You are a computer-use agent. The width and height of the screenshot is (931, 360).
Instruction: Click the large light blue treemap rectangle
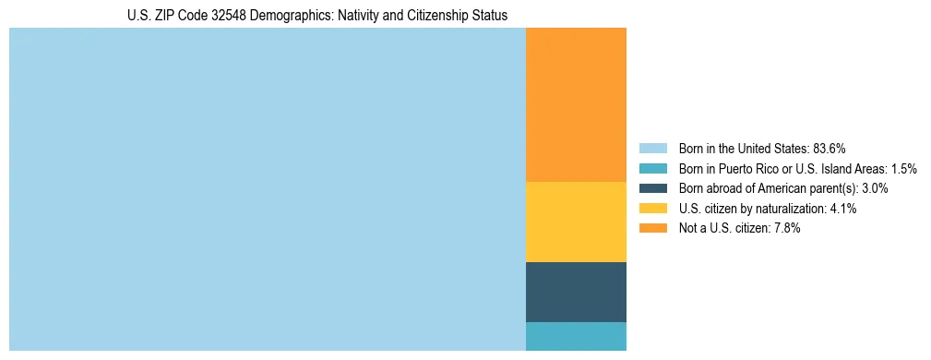[267, 189]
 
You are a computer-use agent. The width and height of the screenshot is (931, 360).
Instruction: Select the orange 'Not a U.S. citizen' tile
[576, 104]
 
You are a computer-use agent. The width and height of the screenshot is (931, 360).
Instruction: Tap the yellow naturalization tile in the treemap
[576, 222]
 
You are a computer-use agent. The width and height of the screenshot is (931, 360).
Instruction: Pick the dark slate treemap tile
[576, 292]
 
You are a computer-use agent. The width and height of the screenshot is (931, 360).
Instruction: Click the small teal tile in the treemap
[576, 336]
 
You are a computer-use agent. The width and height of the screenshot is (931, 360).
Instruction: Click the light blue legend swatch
[652, 148]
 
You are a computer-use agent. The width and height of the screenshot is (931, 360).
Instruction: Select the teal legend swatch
[652, 168]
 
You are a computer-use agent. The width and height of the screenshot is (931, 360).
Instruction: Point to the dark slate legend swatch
[652, 188]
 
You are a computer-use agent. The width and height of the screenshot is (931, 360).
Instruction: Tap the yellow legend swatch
[652, 209]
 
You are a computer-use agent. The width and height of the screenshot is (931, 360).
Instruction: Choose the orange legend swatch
[652, 229]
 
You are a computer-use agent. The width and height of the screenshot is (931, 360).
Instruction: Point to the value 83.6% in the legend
[830, 148]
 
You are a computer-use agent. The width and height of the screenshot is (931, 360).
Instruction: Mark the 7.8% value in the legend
[788, 229]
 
